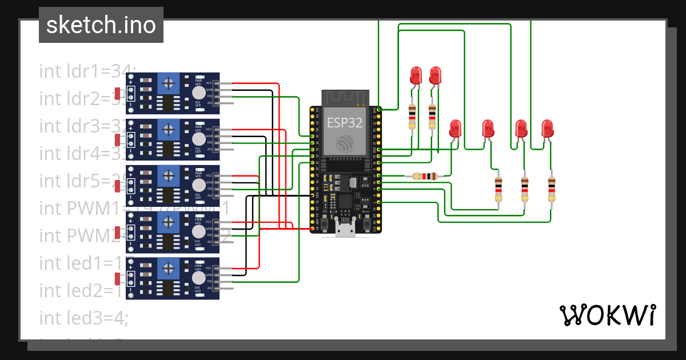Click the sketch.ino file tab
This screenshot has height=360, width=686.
(x=101, y=25)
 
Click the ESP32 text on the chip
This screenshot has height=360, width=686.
(x=345, y=122)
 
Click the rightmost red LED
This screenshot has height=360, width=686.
(x=547, y=128)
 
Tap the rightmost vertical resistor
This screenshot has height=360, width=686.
(x=551, y=189)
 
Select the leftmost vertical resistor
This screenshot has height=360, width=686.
(x=412, y=117)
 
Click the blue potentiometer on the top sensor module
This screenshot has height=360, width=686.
(x=168, y=84)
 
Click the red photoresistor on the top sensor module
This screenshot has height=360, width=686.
(x=117, y=93)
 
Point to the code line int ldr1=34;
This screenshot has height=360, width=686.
(x=86, y=71)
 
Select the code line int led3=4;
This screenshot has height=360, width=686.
(x=83, y=318)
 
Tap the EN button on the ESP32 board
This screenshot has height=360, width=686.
(x=324, y=223)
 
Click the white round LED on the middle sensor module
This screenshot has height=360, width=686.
(x=198, y=186)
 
